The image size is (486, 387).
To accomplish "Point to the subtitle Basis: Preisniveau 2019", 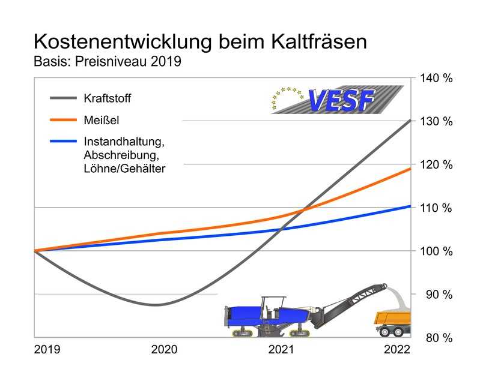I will tap(108, 62).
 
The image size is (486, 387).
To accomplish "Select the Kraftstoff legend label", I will tap(108, 98).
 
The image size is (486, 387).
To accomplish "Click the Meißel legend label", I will tap(102, 121).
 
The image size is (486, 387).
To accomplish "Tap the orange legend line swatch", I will tap(62, 121).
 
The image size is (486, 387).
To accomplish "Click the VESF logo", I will tap(336, 100).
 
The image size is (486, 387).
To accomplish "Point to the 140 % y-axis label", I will tap(439, 79).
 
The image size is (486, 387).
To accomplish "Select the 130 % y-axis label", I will tap(439, 122).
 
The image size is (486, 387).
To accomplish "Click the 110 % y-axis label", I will tap(439, 208).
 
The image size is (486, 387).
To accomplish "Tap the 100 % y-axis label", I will tap(439, 251).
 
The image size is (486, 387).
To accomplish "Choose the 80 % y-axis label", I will tap(439, 338).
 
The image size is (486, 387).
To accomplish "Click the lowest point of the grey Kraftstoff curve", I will tap(156, 305).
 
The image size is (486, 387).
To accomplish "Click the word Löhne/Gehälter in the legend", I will tap(124, 169).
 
